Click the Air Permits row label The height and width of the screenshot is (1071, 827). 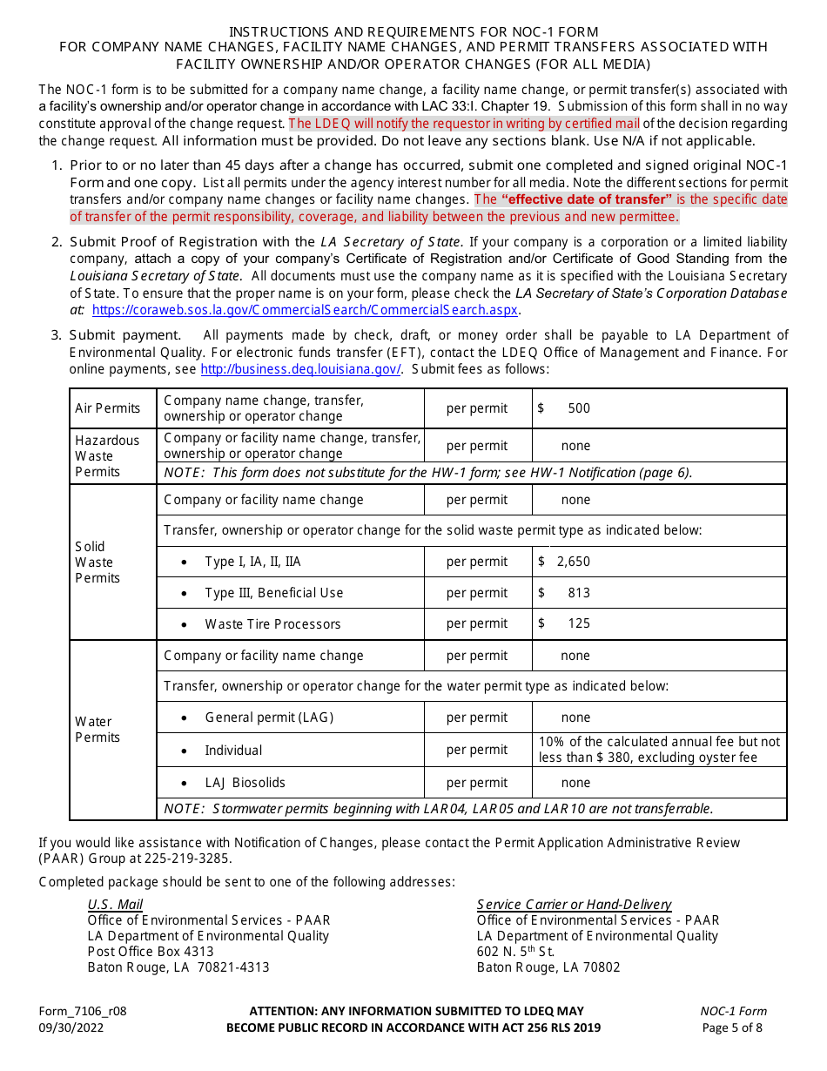coord(107,408)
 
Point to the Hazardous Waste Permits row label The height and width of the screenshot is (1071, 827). coord(107,455)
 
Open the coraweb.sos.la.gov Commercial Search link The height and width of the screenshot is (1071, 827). coord(305,309)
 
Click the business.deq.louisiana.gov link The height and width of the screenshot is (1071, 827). coord(300,369)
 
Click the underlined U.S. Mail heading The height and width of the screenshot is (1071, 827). coord(115,905)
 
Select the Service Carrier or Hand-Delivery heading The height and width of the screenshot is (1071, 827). coord(574,905)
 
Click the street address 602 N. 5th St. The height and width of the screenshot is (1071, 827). coord(515,952)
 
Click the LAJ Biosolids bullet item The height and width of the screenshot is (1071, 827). coord(245,783)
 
